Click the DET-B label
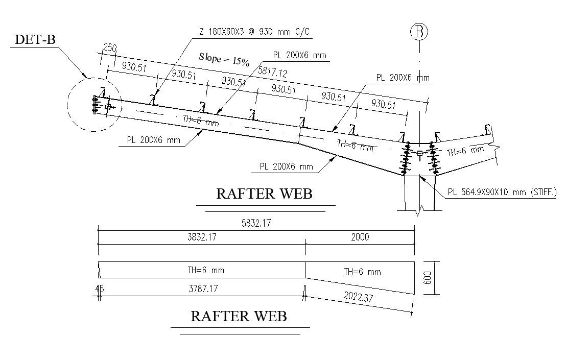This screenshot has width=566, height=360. click(x=35, y=39)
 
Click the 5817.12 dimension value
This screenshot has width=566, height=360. click(x=273, y=73)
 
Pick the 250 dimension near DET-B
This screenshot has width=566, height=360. click(x=109, y=48)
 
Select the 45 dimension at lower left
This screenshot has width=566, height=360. click(x=99, y=289)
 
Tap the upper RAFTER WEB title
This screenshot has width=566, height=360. click(x=264, y=194)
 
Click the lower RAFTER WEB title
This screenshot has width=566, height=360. click(x=239, y=316)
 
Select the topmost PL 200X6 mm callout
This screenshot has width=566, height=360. click(x=300, y=55)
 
